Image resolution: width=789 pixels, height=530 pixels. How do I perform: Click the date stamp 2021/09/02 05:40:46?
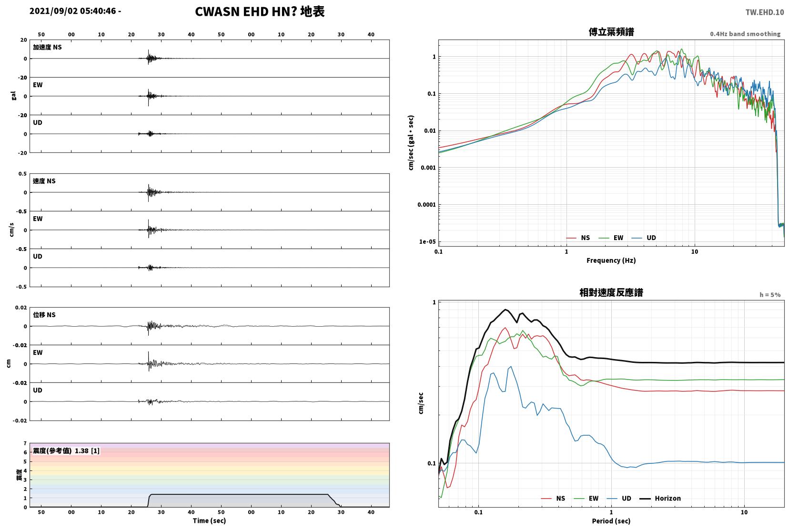click(73, 11)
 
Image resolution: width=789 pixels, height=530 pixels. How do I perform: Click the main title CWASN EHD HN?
click(245, 11)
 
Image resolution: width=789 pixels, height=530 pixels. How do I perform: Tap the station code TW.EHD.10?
click(765, 12)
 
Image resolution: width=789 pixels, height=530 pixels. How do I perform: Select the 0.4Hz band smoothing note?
click(745, 34)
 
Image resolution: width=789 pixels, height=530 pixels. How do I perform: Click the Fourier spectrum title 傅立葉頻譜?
click(611, 32)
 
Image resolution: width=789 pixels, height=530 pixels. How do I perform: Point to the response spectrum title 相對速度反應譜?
click(611, 292)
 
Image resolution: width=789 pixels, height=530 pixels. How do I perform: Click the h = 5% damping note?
click(770, 295)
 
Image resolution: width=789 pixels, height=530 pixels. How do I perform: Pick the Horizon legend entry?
click(660, 498)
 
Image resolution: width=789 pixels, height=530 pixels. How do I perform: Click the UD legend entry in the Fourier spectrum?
click(644, 238)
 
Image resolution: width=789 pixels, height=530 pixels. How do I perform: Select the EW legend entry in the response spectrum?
click(586, 498)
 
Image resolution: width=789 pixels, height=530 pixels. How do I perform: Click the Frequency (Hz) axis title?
click(611, 260)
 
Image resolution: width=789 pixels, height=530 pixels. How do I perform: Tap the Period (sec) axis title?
click(611, 521)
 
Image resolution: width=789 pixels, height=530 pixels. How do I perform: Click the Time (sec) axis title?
click(209, 520)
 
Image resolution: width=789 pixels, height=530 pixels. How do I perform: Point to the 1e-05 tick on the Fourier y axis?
click(427, 241)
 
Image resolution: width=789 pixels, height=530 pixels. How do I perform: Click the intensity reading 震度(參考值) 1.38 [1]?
click(66, 451)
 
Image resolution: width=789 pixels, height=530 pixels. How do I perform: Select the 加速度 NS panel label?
click(47, 47)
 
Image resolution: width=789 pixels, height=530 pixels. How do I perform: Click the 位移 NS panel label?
click(44, 315)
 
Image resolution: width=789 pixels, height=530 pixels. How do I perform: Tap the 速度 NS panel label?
click(44, 181)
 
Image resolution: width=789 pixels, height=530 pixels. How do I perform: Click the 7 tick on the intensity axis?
click(25, 443)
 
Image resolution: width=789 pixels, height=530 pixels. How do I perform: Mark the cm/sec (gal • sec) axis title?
click(411, 143)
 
